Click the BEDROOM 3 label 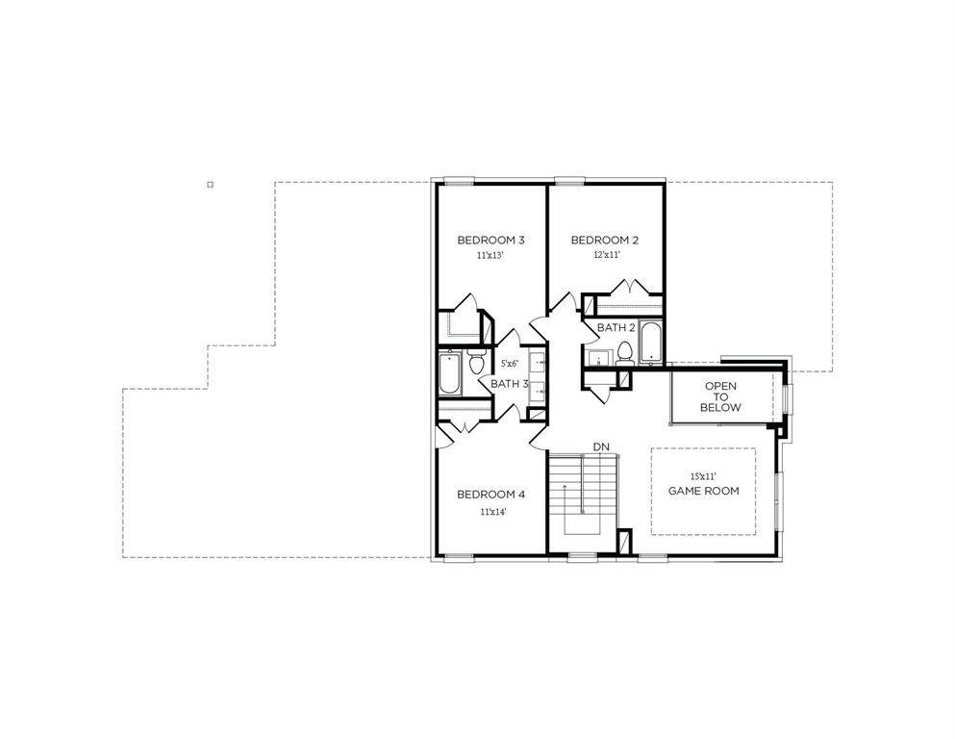click(490, 240)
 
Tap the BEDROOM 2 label click(605, 240)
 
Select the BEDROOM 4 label click(490, 494)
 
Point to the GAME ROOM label click(703, 491)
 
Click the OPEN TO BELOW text click(720, 396)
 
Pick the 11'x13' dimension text click(490, 256)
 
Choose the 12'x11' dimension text click(607, 255)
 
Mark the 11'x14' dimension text click(493, 512)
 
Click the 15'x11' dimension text click(703, 475)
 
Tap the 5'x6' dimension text click(509, 364)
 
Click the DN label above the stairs click(601, 447)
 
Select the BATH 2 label click(616, 328)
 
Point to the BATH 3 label click(509, 384)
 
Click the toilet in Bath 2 click(625, 354)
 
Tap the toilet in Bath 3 click(476, 362)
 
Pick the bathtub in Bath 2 click(650, 342)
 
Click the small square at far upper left click(210, 184)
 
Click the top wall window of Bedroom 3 click(459, 180)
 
